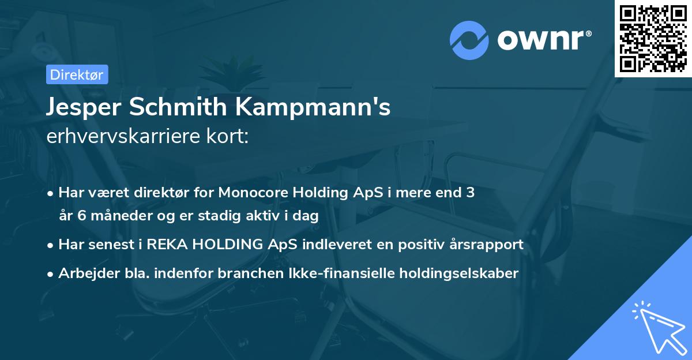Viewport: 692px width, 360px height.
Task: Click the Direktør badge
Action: pyautogui.click(x=76, y=74)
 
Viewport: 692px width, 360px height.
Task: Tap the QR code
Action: pyautogui.click(x=653, y=38)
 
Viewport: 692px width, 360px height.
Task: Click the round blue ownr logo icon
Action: pyautogui.click(x=469, y=40)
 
